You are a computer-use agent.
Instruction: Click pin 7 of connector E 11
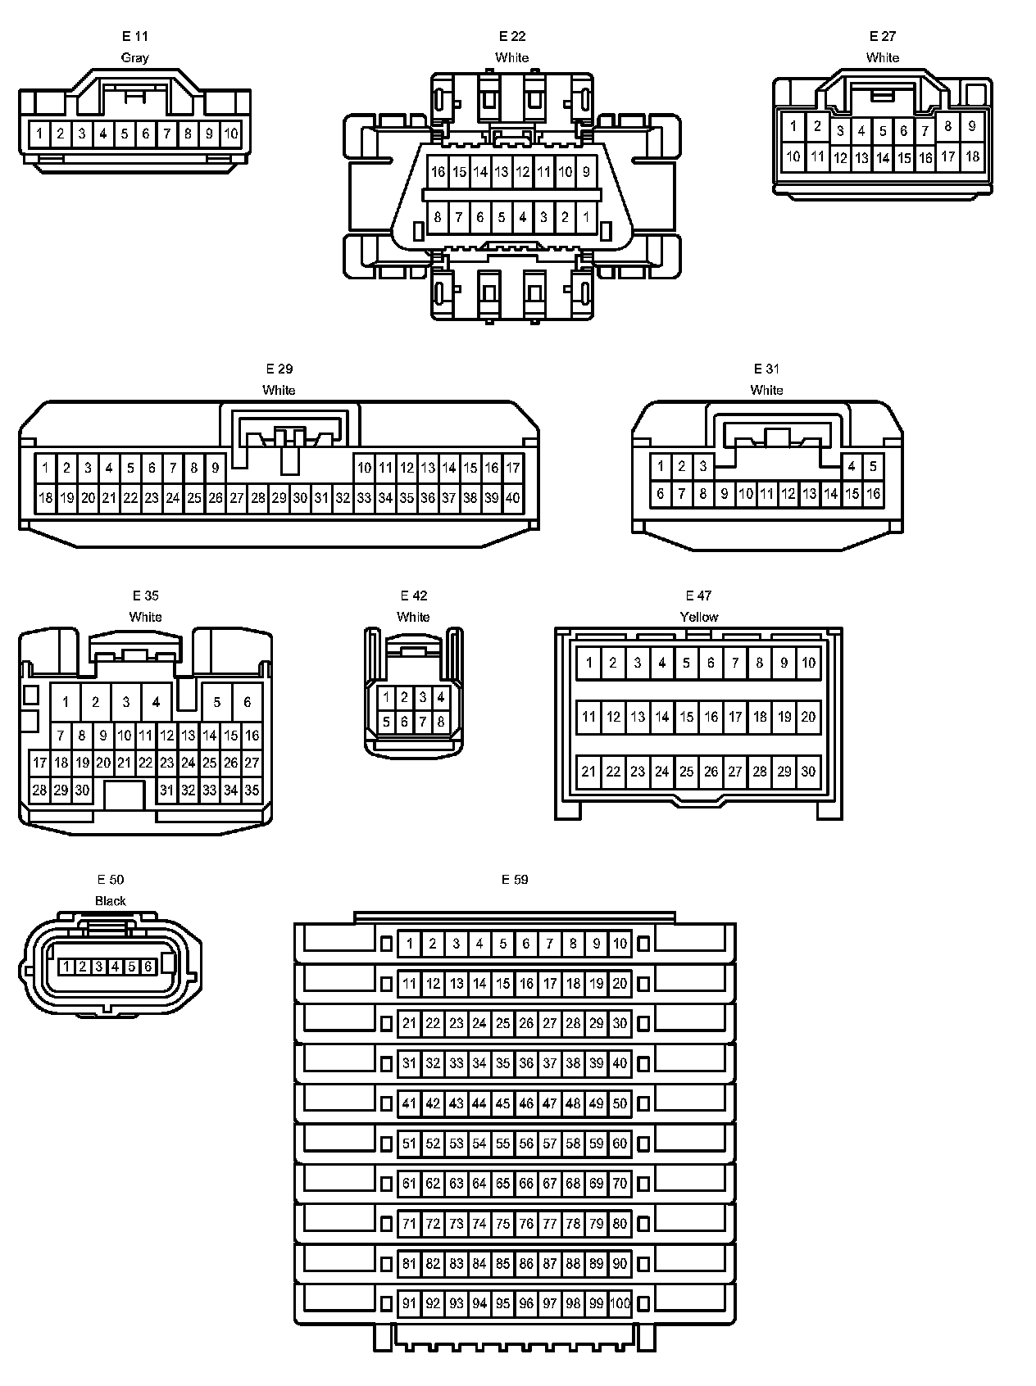(167, 134)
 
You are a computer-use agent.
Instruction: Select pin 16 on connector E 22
(438, 172)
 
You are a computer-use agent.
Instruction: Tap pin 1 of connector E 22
(586, 218)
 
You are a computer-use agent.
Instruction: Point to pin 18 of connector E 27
(972, 156)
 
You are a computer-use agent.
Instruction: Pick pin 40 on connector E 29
(512, 497)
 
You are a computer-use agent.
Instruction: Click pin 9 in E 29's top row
(215, 468)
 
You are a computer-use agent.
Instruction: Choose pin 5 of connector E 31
(873, 467)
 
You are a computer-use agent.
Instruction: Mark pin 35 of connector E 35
(252, 790)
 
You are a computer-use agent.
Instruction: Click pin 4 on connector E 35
(156, 702)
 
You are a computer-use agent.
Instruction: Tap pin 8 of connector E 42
(441, 722)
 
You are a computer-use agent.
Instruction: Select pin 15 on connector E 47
(687, 718)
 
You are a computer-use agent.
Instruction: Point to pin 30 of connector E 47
(808, 772)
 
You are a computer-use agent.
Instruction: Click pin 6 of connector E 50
(148, 967)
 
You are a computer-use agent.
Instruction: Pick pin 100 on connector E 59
(620, 1303)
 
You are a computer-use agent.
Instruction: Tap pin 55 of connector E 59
(502, 1144)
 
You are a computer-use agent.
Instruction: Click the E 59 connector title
(515, 880)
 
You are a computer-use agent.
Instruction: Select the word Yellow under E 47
(698, 617)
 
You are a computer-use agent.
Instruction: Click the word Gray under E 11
(135, 57)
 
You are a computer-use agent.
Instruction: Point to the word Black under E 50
(111, 901)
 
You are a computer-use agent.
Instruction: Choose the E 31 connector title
(766, 369)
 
